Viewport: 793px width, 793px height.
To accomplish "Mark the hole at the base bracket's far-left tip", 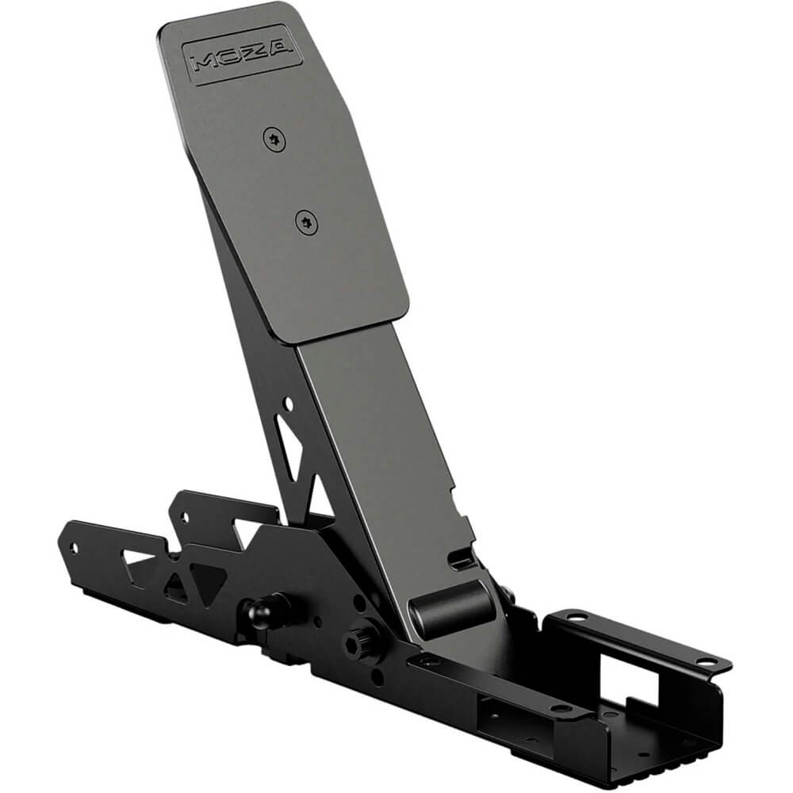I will coord(76,547).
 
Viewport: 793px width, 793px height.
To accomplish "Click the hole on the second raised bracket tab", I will coord(186,515).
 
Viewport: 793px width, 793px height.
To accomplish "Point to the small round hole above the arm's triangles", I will coord(288,404).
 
